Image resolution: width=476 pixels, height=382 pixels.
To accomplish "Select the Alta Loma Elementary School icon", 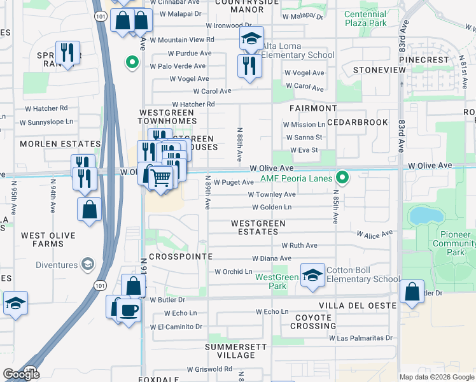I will [x=251, y=39].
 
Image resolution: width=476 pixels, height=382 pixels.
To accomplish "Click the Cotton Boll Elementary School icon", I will [x=312, y=275].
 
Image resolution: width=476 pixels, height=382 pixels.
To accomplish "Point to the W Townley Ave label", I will [x=272, y=194].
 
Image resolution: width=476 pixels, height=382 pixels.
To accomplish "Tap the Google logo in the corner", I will [x=21, y=374].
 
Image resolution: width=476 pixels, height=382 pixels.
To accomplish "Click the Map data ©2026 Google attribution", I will [x=437, y=377].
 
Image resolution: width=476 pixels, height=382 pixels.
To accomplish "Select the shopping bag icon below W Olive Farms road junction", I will [x=90, y=209].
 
